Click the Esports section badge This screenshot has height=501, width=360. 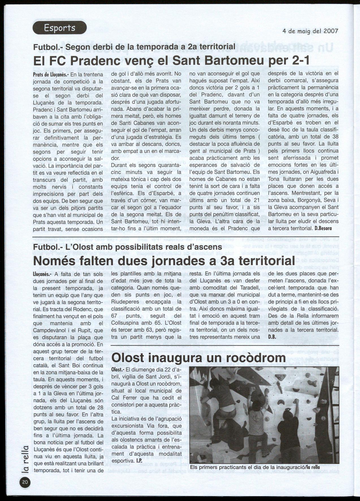(x=60, y=28)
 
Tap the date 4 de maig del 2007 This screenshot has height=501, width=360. (x=310, y=31)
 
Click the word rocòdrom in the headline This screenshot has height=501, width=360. (x=252, y=358)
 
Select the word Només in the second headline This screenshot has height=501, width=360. (x=54, y=261)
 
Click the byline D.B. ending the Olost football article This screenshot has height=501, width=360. (x=272, y=337)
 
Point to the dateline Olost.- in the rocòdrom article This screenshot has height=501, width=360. (x=117, y=370)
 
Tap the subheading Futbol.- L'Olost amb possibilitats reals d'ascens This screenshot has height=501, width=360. (x=127, y=247)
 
